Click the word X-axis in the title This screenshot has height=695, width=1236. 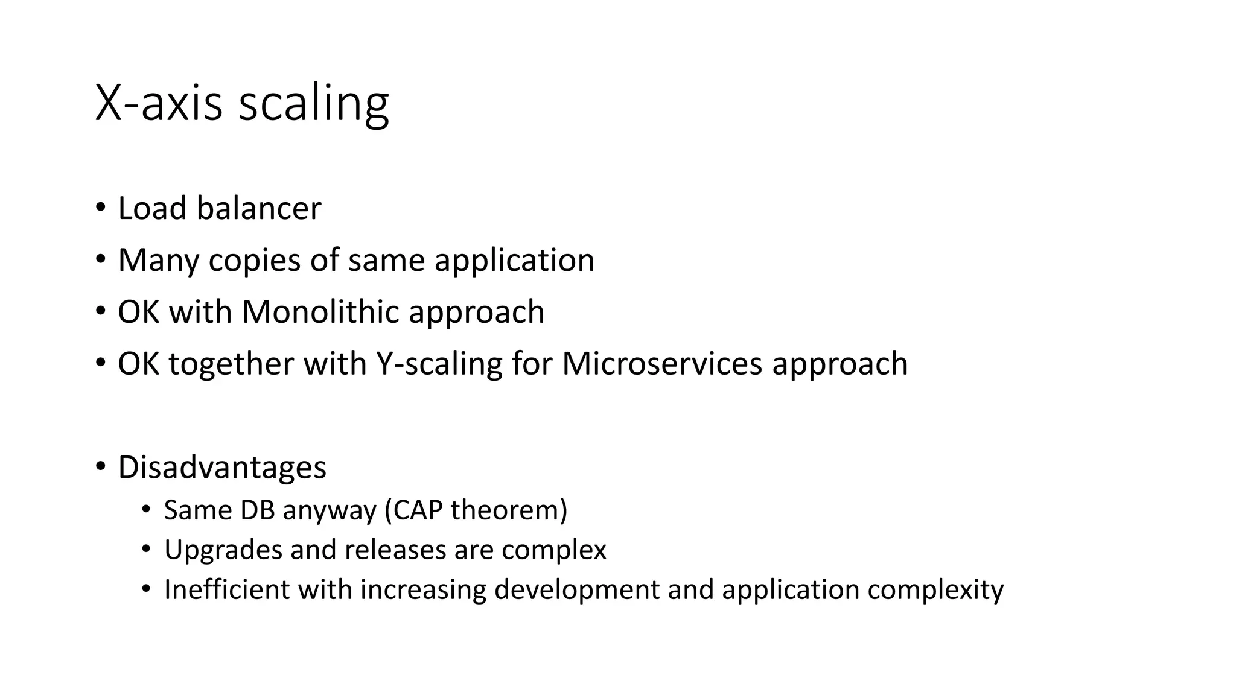(159, 103)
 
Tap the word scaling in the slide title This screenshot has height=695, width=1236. (313, 104)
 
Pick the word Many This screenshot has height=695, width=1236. (158, 261)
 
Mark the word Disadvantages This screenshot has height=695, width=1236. (222, 467)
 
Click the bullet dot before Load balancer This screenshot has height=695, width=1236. (100, 208)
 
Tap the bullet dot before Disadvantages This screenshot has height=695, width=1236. (100, 466)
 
